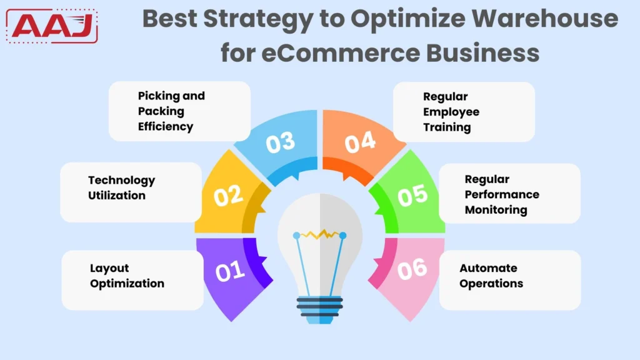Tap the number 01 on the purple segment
point(229,272)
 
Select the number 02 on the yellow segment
point(228,195)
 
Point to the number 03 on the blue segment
point(280,142)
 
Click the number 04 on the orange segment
point(360,142)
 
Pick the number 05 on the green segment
point(412,196)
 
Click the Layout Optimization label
point(127,276)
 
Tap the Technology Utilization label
point(121,187)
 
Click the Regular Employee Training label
point(451,112)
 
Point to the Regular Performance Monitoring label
point(502,194)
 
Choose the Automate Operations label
point(491,276)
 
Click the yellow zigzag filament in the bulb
point(319,234)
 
